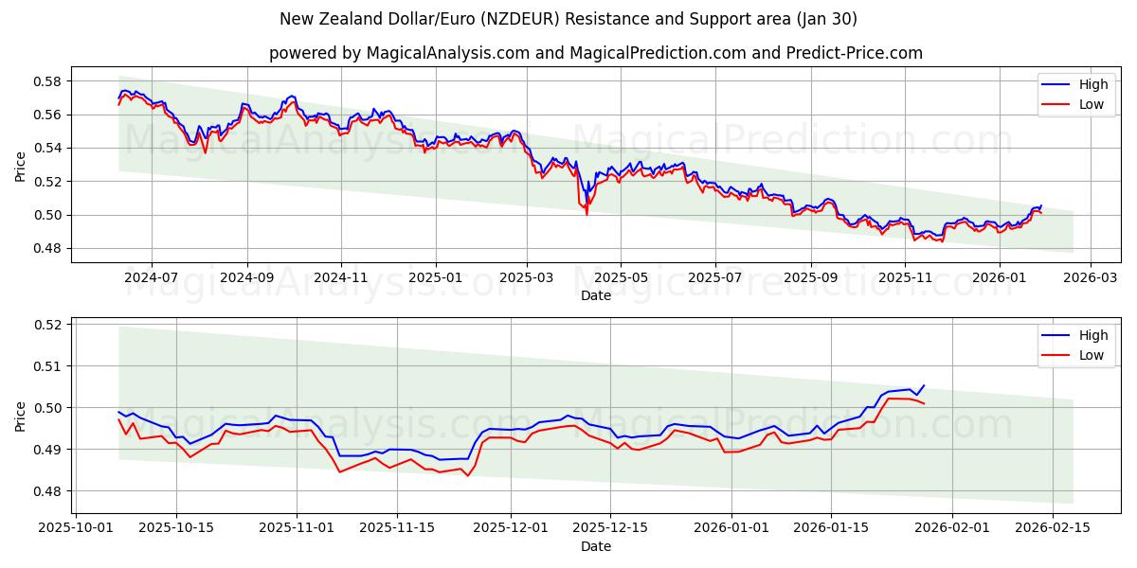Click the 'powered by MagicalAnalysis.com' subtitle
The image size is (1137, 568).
click(595, 53)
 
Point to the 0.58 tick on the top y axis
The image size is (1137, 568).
click(46, 81)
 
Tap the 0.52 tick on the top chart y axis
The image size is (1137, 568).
click(46, 182)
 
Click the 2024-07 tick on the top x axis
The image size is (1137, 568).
click(151, 277)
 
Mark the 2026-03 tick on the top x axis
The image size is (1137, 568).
click(1090, 277)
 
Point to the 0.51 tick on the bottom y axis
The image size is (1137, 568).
click(46, 366)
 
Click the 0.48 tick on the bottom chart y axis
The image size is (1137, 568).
click(46, 491)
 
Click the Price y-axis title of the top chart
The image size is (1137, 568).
click(21, 165)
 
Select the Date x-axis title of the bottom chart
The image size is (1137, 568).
click(595, 547)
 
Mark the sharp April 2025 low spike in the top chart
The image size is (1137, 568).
click(587, 213)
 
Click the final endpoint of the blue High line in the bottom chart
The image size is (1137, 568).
click(924, 385)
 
